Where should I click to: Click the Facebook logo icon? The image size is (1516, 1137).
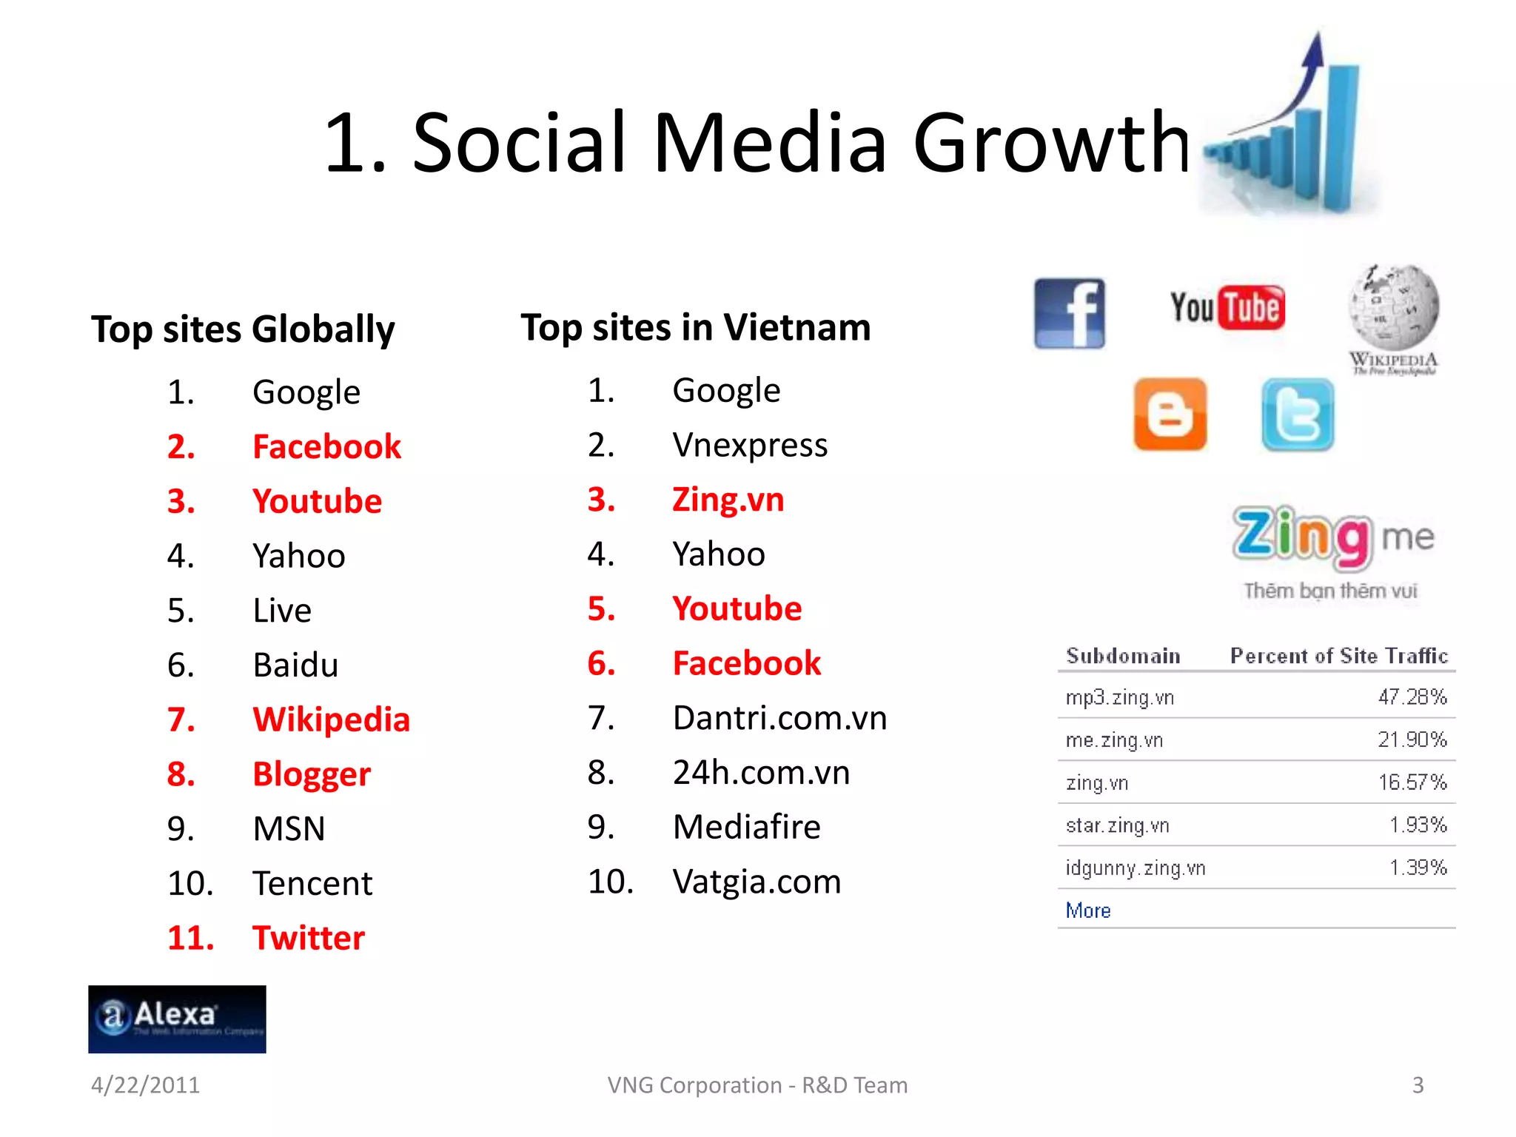(1069, 314)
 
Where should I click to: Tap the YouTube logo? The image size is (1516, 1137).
(1227, 308)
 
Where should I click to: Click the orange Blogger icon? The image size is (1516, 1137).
(1170, 415)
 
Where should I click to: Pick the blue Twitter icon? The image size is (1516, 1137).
(1298, 415)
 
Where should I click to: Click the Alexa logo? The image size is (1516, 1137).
(177, 1019)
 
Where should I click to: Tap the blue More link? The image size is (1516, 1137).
(1088, 910)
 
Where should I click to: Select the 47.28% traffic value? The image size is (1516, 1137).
(1412, 697)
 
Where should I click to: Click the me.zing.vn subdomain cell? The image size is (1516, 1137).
(1114, 740)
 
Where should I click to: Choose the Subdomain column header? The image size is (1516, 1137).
(1123, 656)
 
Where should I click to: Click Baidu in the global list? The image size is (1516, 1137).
(295, 665)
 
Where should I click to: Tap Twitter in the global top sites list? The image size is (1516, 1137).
(308, 938)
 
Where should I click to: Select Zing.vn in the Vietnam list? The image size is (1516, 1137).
(728, 500)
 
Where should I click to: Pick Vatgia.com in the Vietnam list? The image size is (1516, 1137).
(757, 882)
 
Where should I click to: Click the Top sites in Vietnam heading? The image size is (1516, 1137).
(695, 327)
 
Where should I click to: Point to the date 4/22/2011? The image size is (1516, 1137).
(145, 1085)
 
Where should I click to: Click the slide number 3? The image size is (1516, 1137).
(1418, 1085)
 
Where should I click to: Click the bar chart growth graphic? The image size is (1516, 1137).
(1288, 133)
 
